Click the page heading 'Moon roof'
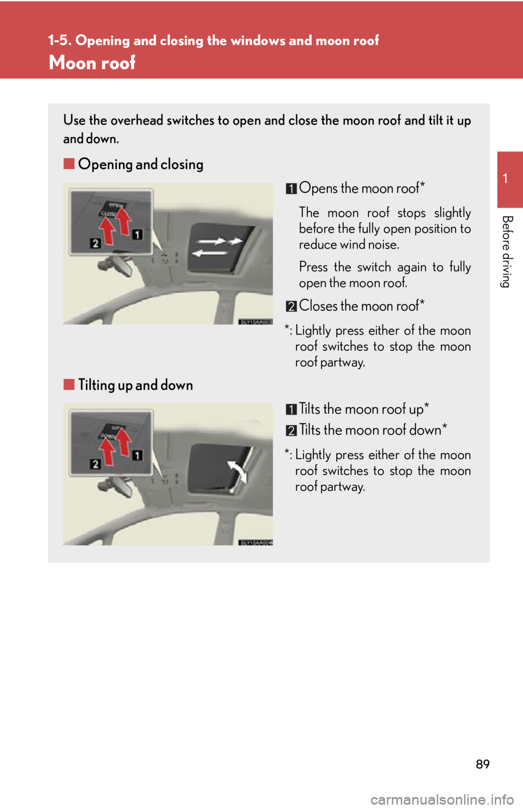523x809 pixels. (x=92, y=63)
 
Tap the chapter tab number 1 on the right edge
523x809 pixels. (x=506, y=178)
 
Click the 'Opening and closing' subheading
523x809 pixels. (x=141, y=164)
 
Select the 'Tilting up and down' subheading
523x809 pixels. (x=135, y=385)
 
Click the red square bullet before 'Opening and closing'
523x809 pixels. (x=69, y=164)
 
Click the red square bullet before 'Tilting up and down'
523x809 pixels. (x=69, y=384)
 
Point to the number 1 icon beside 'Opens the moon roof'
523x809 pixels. (x=291, y=189)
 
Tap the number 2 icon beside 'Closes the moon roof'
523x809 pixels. (x=291, y=306)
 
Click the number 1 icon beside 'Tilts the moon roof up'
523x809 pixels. (x=291, y=409)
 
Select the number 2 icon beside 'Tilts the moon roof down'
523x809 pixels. (x=291, y=431)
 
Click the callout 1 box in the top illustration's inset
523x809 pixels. (x=137, y=234)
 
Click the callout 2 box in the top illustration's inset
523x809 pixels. (x=95, y=243)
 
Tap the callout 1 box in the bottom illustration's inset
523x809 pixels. (x=137, y=455)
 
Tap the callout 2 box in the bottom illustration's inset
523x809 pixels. (x=95, y=464)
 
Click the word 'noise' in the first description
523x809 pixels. (x=383, y=245)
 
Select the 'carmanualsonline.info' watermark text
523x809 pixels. (x=442, y=800)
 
